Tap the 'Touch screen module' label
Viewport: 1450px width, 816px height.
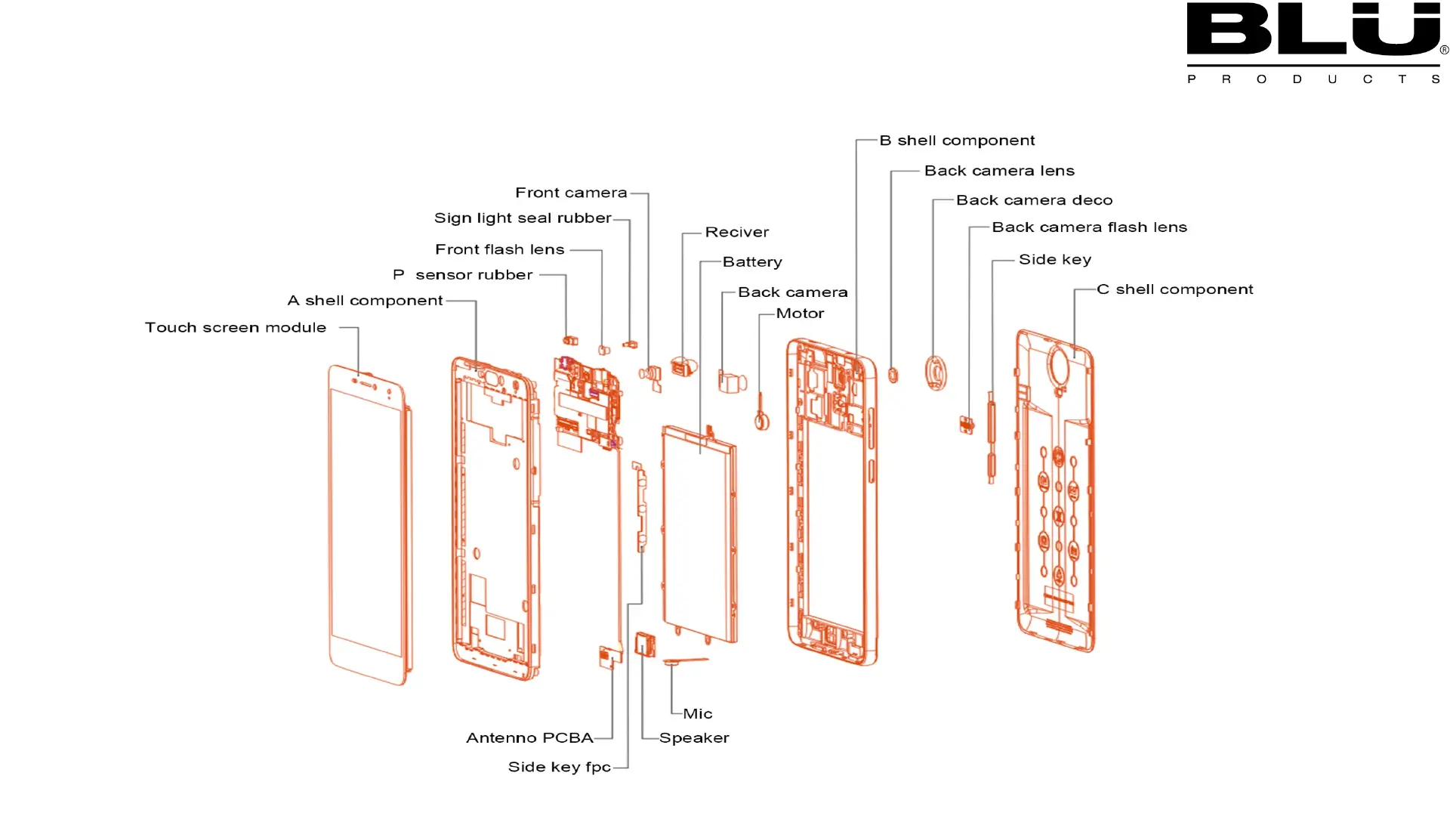[236, 327]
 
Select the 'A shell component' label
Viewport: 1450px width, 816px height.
[365, 301]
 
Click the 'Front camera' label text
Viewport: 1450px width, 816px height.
[571, 193]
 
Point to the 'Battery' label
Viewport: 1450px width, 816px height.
[751, 262]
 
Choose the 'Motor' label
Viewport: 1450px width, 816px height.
[800, 314]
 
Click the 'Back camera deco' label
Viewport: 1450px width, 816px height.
[1034, 200]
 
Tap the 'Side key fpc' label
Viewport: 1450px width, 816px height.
[559, 767]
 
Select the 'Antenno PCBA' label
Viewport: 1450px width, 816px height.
[529, 737]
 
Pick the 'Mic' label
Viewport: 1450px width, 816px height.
[697, 713]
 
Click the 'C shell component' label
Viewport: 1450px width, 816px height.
[1174, 289]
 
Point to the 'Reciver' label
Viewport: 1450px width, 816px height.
[736, 232]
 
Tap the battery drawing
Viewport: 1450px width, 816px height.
[699, 533]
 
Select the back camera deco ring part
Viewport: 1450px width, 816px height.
[936, 372]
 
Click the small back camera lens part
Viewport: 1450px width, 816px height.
[893, 374]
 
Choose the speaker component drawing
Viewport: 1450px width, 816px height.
[645, 644]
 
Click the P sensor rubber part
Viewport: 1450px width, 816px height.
[570, 340]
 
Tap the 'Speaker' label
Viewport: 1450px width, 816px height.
[693, 737]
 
